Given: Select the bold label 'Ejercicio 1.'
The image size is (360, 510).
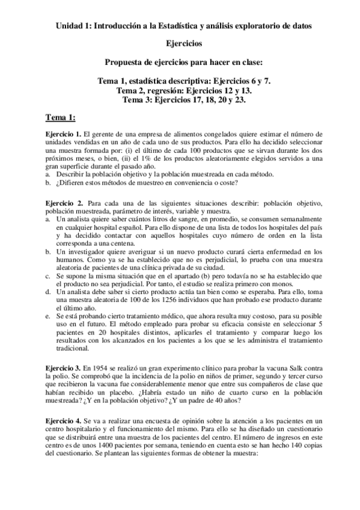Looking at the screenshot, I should click(64, 134).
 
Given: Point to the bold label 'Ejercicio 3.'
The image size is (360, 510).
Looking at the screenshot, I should click(64, 367).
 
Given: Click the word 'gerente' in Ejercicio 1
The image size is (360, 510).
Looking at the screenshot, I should click(105, 134).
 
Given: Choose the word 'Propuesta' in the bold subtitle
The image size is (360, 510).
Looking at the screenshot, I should click(123, 62).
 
